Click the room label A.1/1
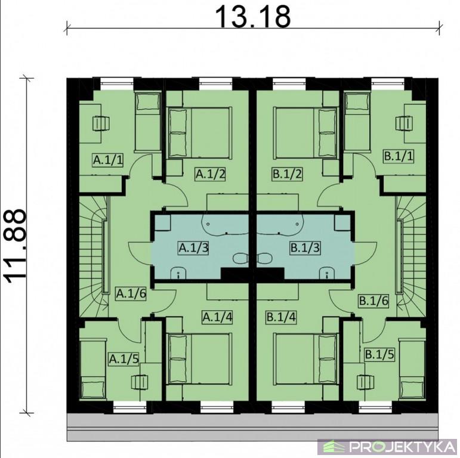point(108,160)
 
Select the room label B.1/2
point(287,174)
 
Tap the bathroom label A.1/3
point(194,247)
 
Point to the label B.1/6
point(373,301)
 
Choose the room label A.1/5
point(124,359)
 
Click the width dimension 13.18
point(254,17)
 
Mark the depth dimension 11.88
point(16,246)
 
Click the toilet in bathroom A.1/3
point(240,259)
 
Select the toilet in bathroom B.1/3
point(265,259)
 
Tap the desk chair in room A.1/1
point(101,123)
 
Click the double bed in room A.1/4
point(199,358)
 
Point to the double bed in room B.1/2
point(305,133)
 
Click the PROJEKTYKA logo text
point(403,447)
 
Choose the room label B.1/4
point(281,317)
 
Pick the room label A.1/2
point(211,174)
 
